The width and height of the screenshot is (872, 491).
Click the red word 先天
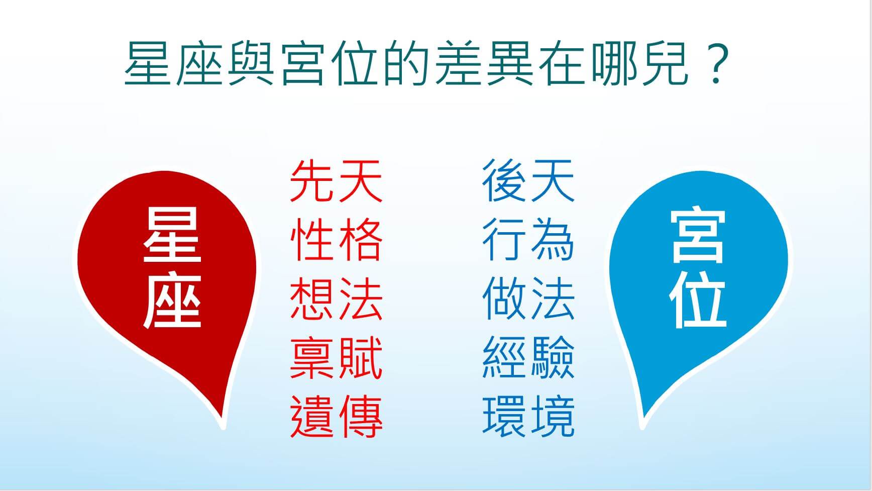pos(336,181)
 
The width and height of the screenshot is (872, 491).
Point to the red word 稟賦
pos(336,357)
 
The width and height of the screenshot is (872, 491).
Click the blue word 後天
pos(528,181)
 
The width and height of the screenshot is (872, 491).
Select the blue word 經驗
pos(528,357)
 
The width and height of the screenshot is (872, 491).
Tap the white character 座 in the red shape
pos(172,301)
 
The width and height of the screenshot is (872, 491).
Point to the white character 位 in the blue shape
pos(698,301)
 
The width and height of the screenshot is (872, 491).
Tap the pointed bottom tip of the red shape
pos(224,429)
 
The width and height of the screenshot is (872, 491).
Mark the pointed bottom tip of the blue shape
pos(642,429)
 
